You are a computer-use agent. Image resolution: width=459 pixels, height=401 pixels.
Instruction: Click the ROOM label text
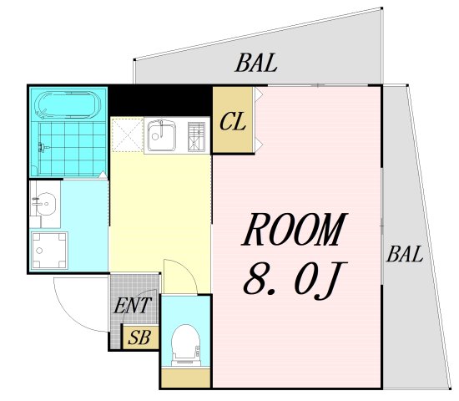pyautogui.click(x=295, y=229)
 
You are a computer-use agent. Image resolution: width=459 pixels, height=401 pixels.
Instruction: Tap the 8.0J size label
pyautogui.click(x=295, y=281)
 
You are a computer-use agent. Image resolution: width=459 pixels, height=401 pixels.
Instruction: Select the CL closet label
pyautogui.click(x=233, y=122)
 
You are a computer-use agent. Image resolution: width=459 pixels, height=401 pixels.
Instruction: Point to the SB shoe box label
pyautogui.click(x=139, y=338)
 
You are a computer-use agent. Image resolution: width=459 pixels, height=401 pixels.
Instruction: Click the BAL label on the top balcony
pyautogui.click(x=256, y=63)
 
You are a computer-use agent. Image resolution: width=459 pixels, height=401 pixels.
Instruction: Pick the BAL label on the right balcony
pyautogui.click(x=405, y=254)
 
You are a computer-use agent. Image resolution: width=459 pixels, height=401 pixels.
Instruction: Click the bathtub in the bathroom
pyautogui.click(x=68, y=104)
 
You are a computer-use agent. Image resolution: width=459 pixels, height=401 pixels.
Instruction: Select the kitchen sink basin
pyautogui.click(x=162, y=135)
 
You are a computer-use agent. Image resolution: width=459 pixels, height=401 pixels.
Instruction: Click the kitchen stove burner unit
pyautogui.click(x=196, y=137)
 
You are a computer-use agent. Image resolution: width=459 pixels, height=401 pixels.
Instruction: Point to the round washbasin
pyautogui.click(x=45, y=203)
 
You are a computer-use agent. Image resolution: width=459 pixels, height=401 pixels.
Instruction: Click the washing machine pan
pyautogui.click(x=49, y=251)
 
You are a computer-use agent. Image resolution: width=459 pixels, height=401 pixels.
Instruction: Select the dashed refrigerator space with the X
pyautogui.click(x=128, y=135)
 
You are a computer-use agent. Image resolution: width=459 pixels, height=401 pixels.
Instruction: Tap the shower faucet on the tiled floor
pyautogui.click(x=43, y=146)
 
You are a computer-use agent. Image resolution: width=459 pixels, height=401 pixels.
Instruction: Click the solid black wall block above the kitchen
pyautogui.click(x=160, y=100)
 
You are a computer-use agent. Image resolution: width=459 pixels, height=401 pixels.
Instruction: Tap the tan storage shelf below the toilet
pyautogui.click(x=186, y=378)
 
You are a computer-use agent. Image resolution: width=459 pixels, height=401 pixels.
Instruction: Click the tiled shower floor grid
pyautogui.click(x=72, y=149)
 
